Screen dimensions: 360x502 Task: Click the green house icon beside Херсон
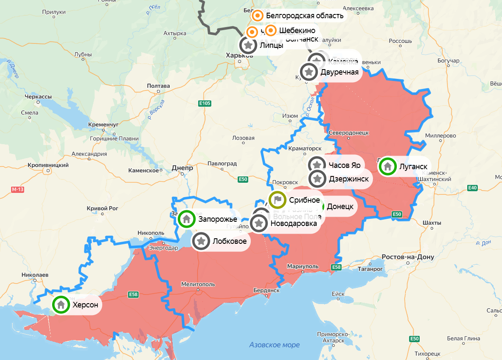[61, 304]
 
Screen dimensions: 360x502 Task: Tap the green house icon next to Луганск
[387, 166]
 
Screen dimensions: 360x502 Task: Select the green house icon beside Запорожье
[187, 219]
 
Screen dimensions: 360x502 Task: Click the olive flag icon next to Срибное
[278, 200]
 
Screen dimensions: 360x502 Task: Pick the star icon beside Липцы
[248, 45]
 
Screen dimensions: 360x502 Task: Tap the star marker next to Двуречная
[309, 72]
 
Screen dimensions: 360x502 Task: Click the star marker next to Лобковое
[201, 241]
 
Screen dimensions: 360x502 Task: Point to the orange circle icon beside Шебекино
[271, 31]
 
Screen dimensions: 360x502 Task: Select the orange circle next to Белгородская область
[258, 16]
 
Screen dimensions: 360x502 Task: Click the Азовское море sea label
[274, 345]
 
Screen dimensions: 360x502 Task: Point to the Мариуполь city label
[303, 266]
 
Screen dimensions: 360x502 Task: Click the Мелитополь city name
[198, 284]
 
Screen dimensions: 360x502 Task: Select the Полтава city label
[158, 86]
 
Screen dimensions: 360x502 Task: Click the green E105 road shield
[204, 103]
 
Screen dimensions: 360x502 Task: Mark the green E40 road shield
[472, 187]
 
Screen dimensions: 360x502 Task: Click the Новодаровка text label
[294, 223]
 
